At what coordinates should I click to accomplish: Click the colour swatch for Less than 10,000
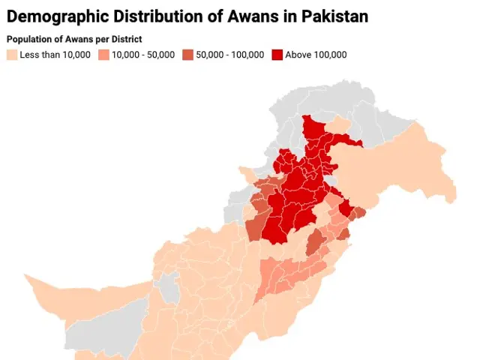(12, 55)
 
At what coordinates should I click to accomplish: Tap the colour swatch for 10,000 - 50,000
(103, 55)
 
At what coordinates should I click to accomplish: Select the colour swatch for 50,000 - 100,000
(187, 55)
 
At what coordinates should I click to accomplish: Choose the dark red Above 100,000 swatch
(277, 55)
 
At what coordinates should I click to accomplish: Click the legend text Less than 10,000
(55, 55)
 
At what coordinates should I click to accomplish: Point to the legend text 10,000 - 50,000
(143, 55)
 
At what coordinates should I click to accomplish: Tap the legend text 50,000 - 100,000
(230, 55)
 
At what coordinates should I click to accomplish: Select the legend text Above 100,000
(316, 55)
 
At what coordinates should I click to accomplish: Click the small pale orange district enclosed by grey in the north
(340, 124)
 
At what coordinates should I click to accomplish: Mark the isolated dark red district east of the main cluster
(346, 208)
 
